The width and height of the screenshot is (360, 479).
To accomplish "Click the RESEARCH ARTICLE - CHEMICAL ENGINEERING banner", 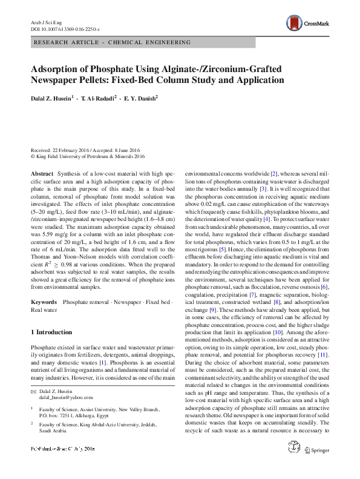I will (113, 42).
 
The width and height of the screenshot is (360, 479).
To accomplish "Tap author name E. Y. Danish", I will (138, 97).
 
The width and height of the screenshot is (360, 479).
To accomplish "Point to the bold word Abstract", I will (42, 173).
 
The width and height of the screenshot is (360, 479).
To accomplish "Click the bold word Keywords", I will (44, 301).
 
